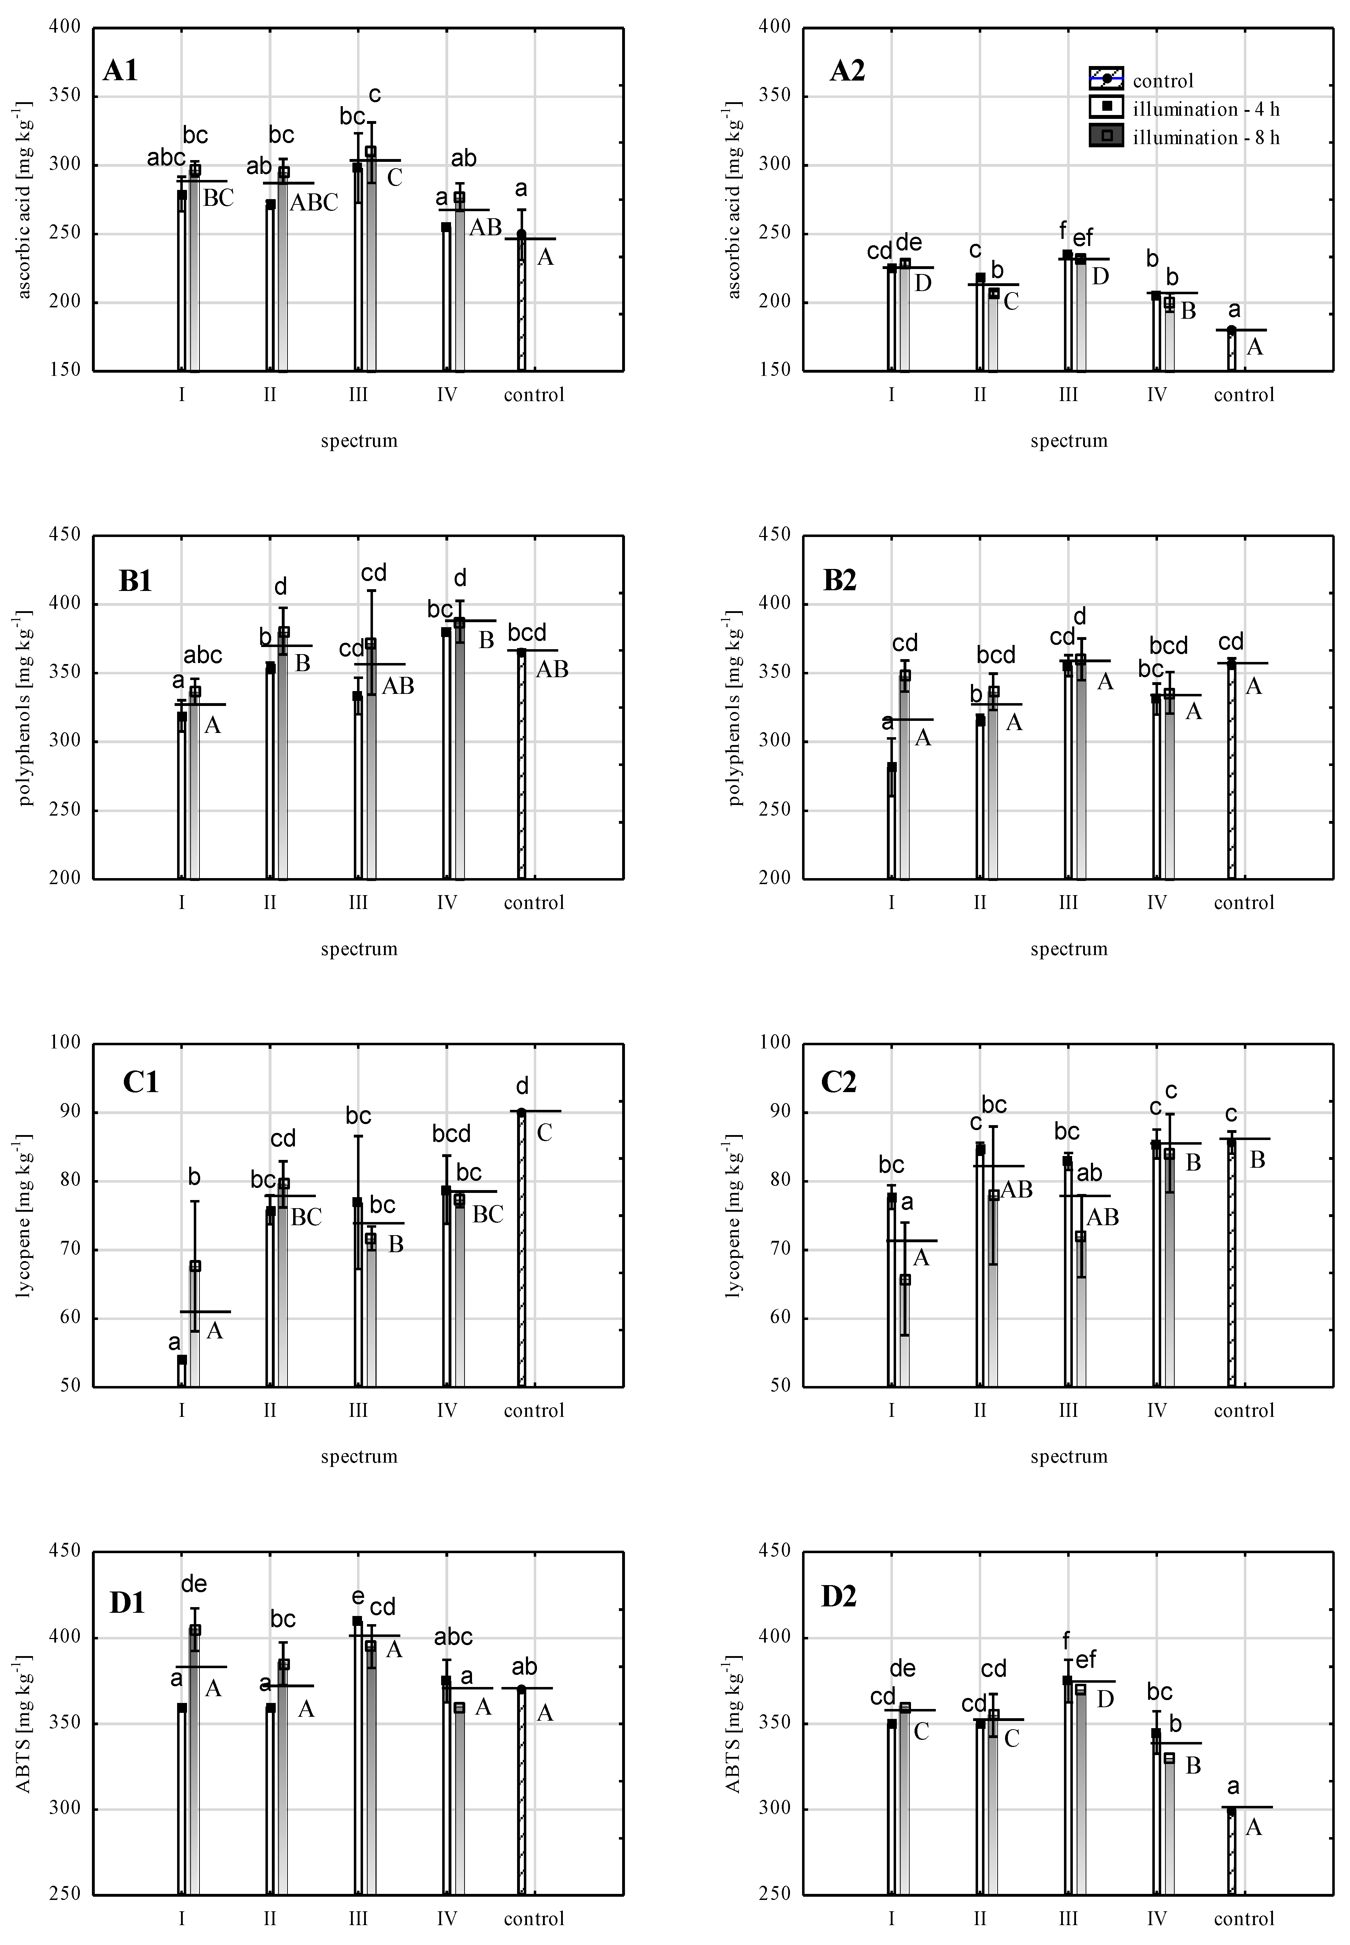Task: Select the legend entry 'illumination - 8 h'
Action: click(x=1205, y=137)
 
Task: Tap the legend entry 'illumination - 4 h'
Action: click(x=1205, y=109)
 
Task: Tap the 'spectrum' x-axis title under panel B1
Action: click(x=359, y=948)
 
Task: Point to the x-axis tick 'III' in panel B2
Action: click(x=1068, y=903)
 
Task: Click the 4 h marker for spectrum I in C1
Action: click(x=182, y=1360)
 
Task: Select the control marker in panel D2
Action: click(x=1231, y=1811)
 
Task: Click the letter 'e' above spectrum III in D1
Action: click(x=358, y=1596)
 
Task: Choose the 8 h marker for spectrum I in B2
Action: click(x=905, y=675)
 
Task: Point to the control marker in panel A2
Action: click(x=1231, y=330)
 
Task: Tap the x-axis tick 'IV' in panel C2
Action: click(x=1156, y=1410)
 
